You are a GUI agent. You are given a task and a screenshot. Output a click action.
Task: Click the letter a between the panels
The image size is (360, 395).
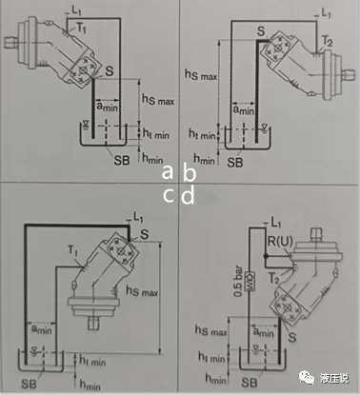168,172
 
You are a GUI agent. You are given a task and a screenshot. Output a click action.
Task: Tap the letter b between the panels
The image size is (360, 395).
190,172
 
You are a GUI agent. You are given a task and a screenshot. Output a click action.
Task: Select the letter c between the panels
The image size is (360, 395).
168,196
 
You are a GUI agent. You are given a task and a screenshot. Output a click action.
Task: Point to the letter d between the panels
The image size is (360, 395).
190,196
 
